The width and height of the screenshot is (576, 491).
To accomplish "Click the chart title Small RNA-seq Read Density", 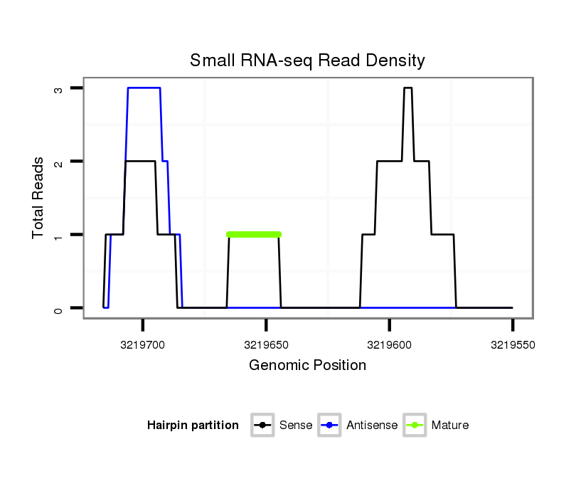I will coord(307,60).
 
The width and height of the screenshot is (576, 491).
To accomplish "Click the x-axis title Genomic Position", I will coord(307,366).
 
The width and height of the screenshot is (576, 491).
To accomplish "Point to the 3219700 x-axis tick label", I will coord(143,344).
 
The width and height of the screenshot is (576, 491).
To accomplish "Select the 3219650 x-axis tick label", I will coord(266,344).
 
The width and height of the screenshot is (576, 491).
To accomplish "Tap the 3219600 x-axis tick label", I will coord(389,344).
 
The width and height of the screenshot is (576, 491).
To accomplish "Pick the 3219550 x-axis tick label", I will coord(512,344).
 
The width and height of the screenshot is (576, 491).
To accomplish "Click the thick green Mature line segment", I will coord(254,234).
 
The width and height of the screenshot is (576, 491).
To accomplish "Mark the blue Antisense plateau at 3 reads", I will coord(144,88).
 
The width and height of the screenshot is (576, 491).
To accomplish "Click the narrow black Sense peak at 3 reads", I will coord(407,88).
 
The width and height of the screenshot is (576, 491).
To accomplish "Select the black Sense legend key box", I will coord(263,426).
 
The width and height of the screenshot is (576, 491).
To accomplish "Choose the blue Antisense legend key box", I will coord(330,426).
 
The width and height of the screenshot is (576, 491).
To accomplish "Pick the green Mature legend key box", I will coord(415,426).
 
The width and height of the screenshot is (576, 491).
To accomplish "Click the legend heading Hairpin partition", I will coord(193,426).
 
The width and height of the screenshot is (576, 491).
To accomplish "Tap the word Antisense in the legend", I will coord(372,426).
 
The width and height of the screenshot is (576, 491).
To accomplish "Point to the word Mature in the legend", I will coord(449,426).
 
